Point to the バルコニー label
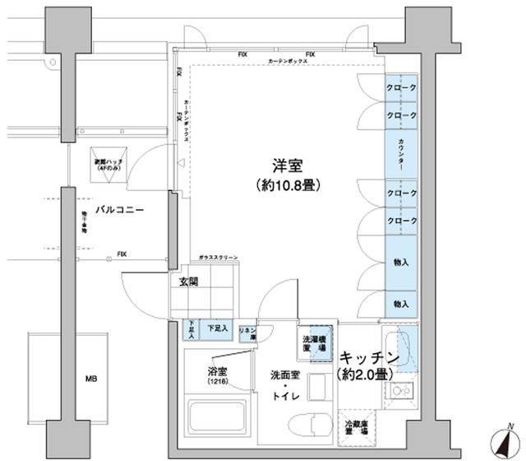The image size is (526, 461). coord(120,211)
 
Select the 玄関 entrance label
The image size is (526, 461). coord(188,282)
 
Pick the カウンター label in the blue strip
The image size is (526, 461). coord(401,154)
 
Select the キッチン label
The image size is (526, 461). coord(369,358)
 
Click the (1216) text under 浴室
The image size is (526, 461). coord(216,383)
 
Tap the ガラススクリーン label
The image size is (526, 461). coord(218,258)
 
